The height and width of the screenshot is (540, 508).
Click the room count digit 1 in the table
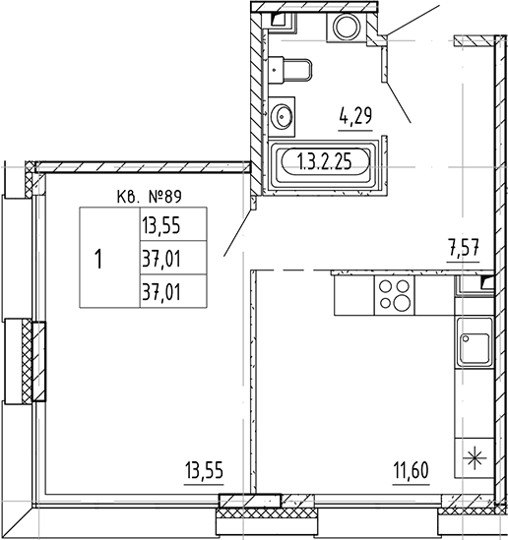click(99, 260)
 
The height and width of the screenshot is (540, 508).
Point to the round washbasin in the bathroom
click(282, 114)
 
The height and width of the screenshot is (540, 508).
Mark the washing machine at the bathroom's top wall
click(347, 28)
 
